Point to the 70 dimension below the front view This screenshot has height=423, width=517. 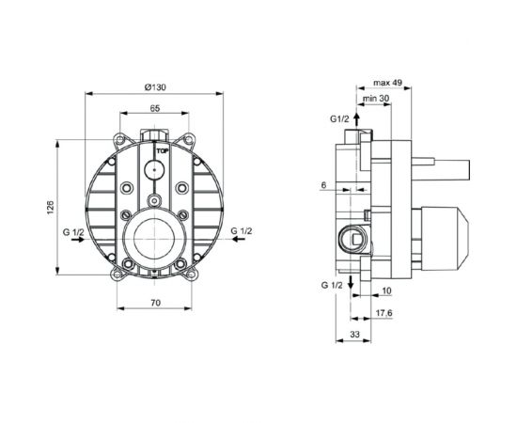pyautogui.click(x=155, y=303)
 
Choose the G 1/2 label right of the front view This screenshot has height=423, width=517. pyautogui.click(x=242, y=230)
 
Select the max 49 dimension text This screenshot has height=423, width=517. pyautogui.click(x=387, y=84)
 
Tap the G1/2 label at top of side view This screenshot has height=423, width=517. pyautogui.click(x=339, y=118)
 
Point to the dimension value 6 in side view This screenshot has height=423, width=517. pyautogui.click(x=322, y=185)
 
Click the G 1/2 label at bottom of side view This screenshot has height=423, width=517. pyautogui.click(x=329, y=283)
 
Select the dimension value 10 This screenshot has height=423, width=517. pyautogui.click(x=386, y=291)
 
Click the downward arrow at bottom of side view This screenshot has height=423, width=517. pyautogui.click(x=350, y=284)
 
